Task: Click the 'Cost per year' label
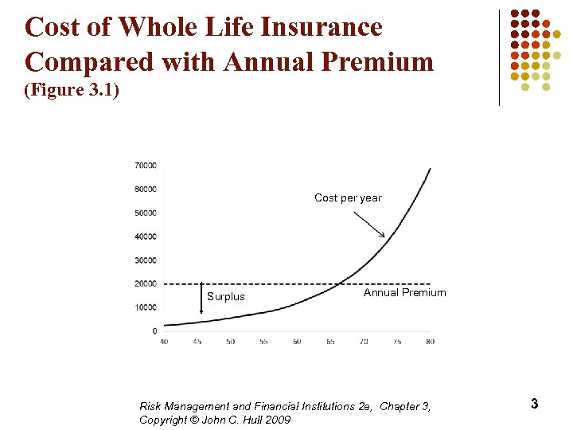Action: (348, 197)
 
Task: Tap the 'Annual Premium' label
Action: (404, 292)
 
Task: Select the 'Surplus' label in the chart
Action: (226, 297)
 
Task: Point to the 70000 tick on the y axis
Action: (145, 166)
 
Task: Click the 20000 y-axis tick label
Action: (145, 283)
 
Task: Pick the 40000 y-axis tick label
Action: (145, 236)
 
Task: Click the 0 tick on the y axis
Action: (154, 330)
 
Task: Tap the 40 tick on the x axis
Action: (164, 342)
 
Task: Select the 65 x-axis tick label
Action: (330, 342)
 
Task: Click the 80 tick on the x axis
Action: (431, 342)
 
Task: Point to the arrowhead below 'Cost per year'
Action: (384, 235)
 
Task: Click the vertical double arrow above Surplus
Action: (202, 303)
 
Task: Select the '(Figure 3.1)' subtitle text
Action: (72, 90)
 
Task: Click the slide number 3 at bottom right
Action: (534, 404)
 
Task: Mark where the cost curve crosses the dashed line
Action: (340, 283)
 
